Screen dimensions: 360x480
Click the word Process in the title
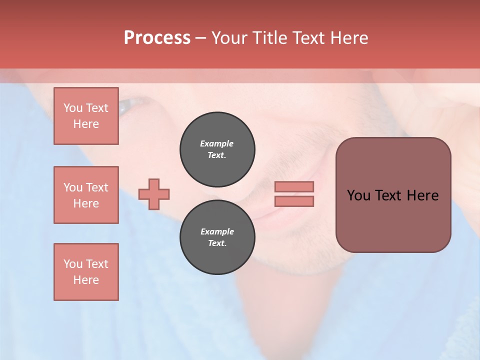coord(157,38)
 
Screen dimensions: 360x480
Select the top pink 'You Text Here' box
coord(86,116)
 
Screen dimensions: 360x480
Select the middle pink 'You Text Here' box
coord(86,195)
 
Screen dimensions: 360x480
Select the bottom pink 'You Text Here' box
coord(86,272)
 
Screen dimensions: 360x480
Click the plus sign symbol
coord(154,194)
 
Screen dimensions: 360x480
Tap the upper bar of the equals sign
coord(294,186)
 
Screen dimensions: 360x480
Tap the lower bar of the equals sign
coord(294,201)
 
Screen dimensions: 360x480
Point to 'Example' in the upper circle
coord(217,143)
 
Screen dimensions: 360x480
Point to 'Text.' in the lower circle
coord(217,243)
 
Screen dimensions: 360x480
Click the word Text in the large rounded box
coord(390,195)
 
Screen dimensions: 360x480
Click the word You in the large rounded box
coord(358,195)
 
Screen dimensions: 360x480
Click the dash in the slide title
coord(201,38)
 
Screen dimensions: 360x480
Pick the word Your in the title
coord(230,38)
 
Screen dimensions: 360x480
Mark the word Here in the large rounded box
coord(422,195)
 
